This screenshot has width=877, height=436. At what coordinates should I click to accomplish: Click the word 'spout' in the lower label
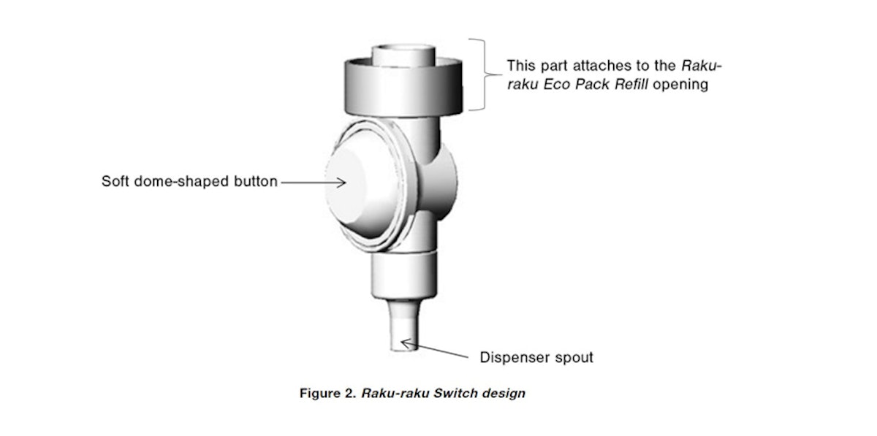tap(572, 358)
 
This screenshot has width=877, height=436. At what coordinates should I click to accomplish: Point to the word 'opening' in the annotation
tap(680, 85)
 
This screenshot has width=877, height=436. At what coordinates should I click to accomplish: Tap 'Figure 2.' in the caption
tap(327, 393)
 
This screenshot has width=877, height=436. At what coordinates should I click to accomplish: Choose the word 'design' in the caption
tap(504, 393)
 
